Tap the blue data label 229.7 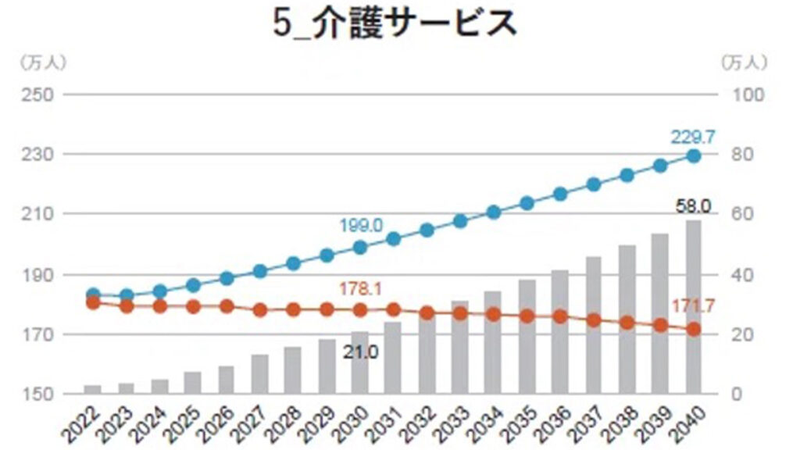[692, 137]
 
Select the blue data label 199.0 [360, 226]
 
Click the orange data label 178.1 [360, 289]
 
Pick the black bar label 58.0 [692, 206]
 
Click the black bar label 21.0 [360, 352]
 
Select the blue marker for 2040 [694, 155]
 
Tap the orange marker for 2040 [694, 330]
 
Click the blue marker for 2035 [527, 203]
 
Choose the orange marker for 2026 [227, 306]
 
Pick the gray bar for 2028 [293, 370]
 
